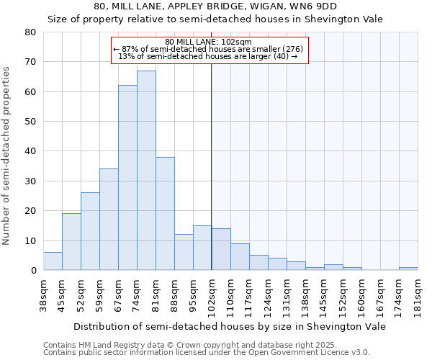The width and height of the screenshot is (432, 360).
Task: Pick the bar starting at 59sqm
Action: click(109, 220)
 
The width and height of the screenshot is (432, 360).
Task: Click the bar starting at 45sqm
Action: click(71, 242)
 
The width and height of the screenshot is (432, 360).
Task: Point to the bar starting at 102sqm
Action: click(221, 249)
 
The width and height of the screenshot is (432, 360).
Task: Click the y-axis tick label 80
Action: click(30, 32)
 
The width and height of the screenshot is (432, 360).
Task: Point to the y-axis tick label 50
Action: click(30, 122)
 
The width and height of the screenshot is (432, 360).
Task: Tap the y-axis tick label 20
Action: click(30, 211)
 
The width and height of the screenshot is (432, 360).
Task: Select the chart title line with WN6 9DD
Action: click(215, 6)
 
